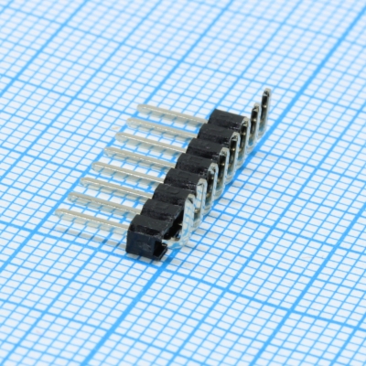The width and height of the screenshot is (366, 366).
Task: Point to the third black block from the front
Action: [171, 197]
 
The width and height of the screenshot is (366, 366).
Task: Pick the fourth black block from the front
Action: [182, 180]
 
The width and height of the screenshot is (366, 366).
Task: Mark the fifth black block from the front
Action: [193, 165]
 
